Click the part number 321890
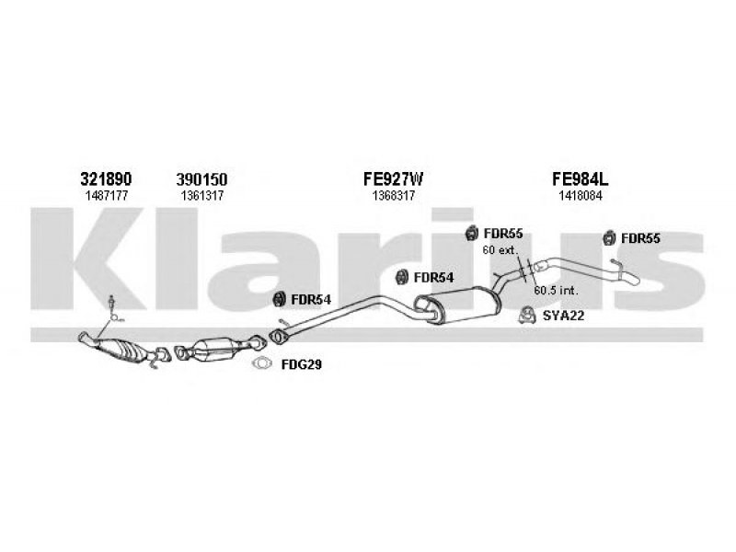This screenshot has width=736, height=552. point(106,178)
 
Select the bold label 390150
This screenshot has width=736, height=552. point(201,179)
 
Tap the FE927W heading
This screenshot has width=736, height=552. point(394,178)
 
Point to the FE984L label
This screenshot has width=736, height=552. point(580,178)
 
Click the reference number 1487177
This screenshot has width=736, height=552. point(107,196)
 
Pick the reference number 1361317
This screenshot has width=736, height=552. point(202,196)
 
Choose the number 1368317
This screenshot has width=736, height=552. point(394,196)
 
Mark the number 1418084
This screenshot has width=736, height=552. point(581,196)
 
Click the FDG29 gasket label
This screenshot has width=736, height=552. point(302,364)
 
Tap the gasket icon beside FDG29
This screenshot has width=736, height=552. point(262,363)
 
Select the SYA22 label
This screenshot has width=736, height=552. point(563,316)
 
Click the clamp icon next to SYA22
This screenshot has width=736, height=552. point(527,316)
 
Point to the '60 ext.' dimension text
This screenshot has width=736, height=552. point(500,249)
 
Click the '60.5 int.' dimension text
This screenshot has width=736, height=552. point(556,291)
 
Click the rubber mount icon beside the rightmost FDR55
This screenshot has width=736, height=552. point(610,238)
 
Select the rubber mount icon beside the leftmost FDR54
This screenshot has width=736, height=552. point(280,299)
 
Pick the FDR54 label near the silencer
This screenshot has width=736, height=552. point(433,278)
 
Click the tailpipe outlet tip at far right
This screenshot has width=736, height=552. point(634,281)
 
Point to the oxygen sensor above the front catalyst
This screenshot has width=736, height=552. point(112,305)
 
